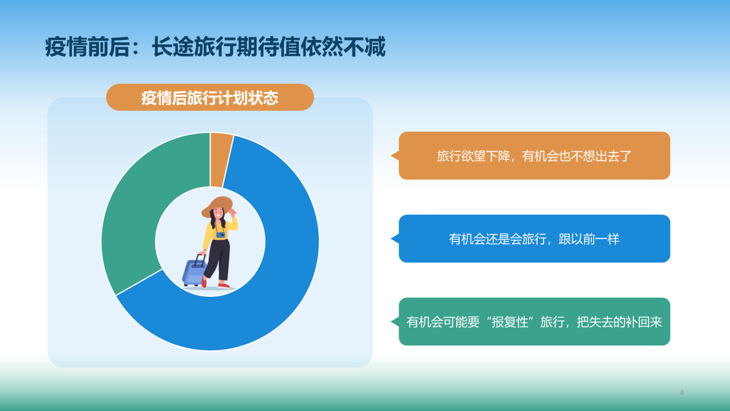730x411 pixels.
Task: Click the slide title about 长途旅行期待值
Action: point(215,47)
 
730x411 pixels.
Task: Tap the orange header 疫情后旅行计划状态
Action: point(210,98)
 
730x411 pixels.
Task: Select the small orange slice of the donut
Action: point(220,160)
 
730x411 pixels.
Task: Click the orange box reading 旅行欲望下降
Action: point(534,156)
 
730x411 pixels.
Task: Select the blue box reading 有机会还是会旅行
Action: point(534,239)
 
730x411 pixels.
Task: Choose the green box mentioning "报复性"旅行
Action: point(534,321)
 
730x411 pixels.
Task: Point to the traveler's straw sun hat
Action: point(217,206)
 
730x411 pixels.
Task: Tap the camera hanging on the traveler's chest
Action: point(221,234)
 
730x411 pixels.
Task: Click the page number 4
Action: point(682,392)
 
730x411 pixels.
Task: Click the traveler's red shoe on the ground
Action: point(224,285)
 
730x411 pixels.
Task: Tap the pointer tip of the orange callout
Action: point(392,156)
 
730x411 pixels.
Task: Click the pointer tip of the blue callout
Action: point(392,239)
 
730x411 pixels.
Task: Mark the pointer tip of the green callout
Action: point(392,321)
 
